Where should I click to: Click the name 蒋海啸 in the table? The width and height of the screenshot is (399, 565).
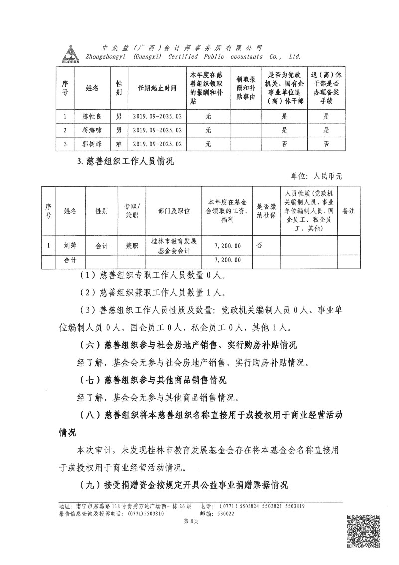[x=92, y=130]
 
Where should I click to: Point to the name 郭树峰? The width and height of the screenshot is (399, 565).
[x=92, y=144]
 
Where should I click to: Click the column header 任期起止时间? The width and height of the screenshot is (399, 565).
[x=157, y=88]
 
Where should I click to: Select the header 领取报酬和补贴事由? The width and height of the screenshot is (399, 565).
[x=246, y=88]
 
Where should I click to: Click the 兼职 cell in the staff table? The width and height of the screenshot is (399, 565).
[x=131, y=246]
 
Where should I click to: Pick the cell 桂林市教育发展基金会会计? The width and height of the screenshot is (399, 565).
[x=174, y=246]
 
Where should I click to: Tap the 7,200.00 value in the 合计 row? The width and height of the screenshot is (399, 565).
[x=227, y=260]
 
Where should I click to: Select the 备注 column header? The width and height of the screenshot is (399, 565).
[x=348, y=211]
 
